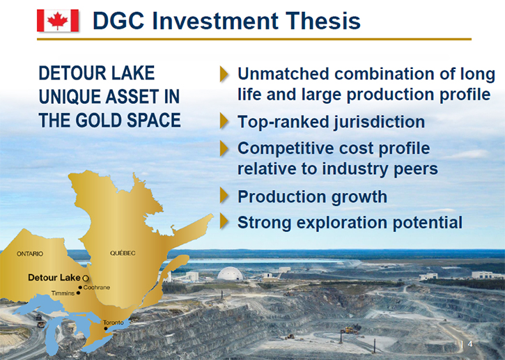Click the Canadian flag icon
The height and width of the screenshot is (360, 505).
point(58,21)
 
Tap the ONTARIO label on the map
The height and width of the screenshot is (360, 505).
point(30,253)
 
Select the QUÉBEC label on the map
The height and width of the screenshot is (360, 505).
point(123,253)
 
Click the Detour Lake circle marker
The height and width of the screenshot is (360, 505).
point(86,278)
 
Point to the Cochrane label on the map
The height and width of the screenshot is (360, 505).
point(97,287)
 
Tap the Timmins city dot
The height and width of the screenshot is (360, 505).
point(78,293)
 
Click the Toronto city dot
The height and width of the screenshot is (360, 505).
point(106,329)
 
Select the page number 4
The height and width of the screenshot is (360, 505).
point(470,344)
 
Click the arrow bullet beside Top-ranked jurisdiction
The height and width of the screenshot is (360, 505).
point(224,121)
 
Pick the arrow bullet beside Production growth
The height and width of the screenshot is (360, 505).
point(224,196)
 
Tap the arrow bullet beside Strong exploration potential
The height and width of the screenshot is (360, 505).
point(224,221)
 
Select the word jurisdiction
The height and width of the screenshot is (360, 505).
point(379,122)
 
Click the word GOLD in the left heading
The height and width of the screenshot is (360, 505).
point(99,120)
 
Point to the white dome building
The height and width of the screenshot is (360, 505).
point(231,274)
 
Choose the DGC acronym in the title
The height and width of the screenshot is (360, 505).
point(118,21)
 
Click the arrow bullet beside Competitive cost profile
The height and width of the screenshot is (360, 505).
point(224,148)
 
